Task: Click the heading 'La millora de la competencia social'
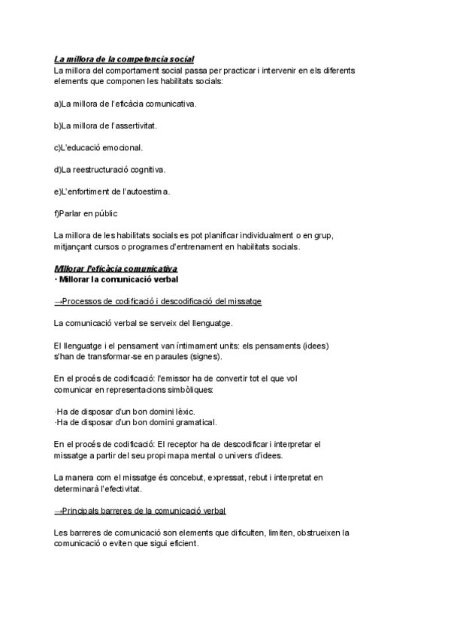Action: (x=124, y=59)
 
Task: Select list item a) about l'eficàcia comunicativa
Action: (x=126, y=103)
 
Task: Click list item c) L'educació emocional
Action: (x=98, y=147)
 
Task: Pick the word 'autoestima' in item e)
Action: (x=149, y=192)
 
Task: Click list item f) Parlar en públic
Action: (x=86, y=213)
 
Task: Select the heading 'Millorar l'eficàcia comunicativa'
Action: (x=116, y=268)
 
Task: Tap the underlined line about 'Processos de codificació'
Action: (x=158, y=301)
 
